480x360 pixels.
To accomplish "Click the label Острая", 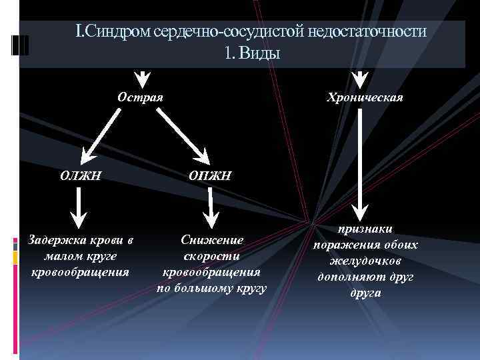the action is (x=141, y=97).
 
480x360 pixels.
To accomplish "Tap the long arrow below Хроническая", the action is (x=360, y=160).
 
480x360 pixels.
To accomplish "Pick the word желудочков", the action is (x=365, y=260).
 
